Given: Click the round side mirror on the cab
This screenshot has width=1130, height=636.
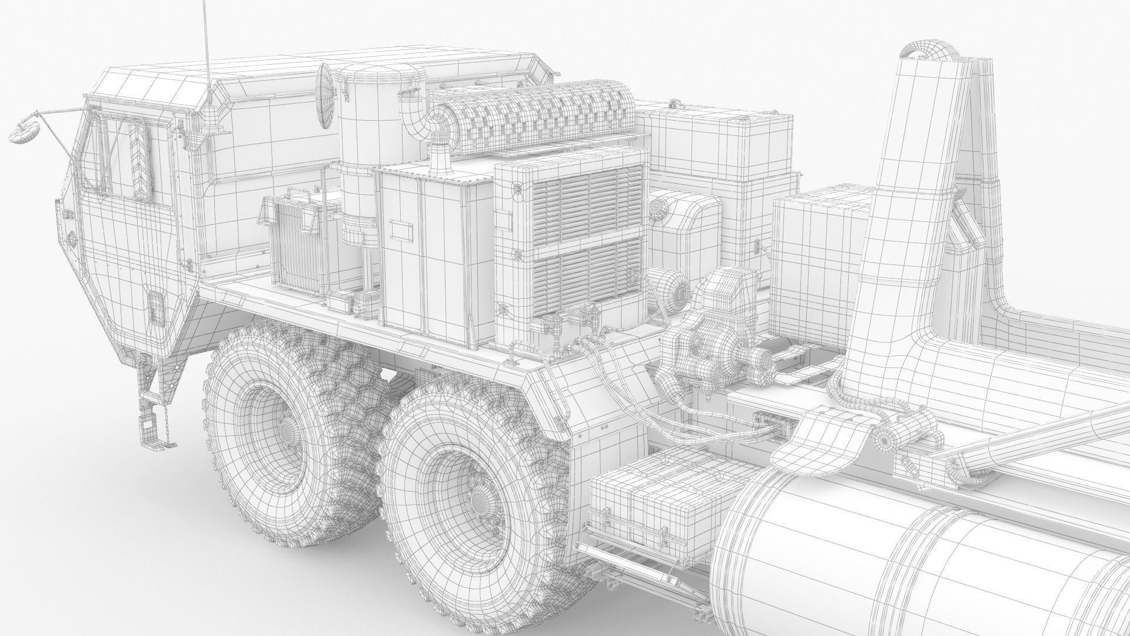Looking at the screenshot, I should coord(25,131).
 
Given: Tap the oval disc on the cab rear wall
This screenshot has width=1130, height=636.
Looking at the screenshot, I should coord(324,96).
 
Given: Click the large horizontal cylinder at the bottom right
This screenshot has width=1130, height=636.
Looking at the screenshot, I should coord(918,565).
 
